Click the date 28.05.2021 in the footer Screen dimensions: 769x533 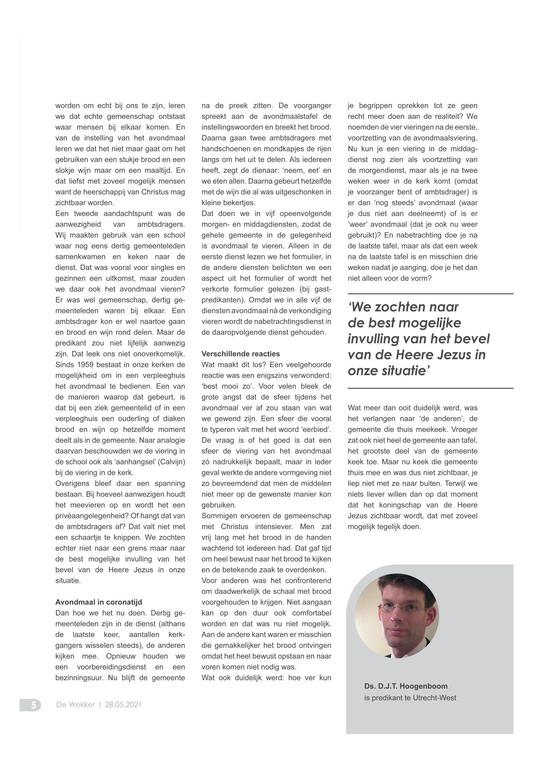tap(123, 705)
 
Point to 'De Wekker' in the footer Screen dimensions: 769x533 tap(75, 705)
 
